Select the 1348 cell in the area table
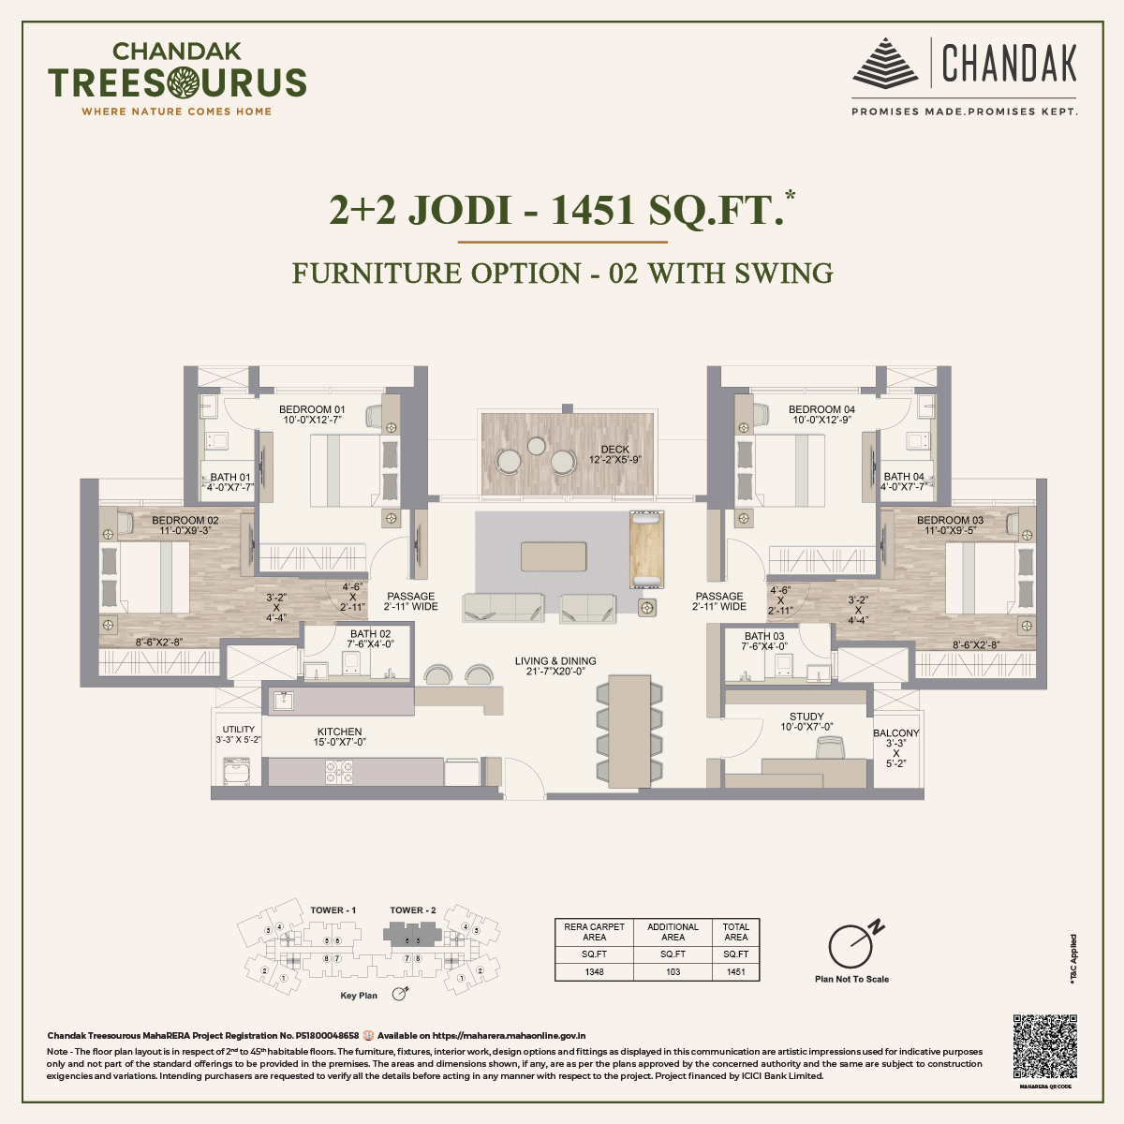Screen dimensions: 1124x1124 595,971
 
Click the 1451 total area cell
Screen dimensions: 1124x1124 736,971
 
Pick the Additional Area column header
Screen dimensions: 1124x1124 673,931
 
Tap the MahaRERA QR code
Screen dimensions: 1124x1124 1045,1045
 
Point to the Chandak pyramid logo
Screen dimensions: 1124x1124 886,63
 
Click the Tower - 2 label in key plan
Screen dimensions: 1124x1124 413,910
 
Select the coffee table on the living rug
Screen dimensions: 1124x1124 554,556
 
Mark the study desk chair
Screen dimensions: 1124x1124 830,747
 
